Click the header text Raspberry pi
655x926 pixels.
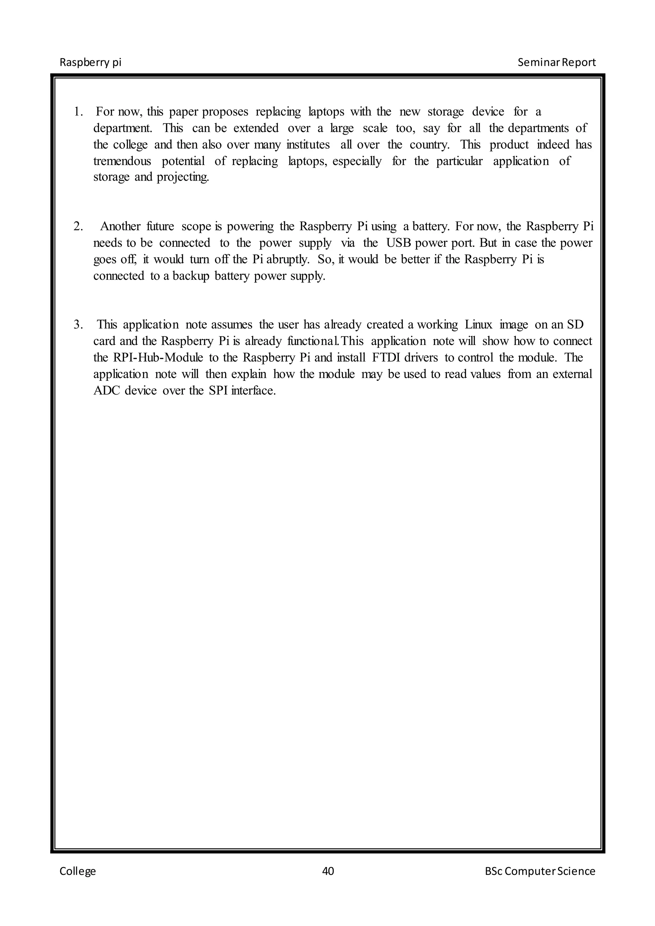coord(90,63)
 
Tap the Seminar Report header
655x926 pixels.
coord(556,63)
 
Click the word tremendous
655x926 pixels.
coord(122,161)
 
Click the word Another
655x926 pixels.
coord(120,227)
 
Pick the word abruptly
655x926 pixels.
coord(288,260)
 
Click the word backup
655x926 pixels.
coord(191,276)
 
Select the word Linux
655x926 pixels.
coord(478,325)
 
